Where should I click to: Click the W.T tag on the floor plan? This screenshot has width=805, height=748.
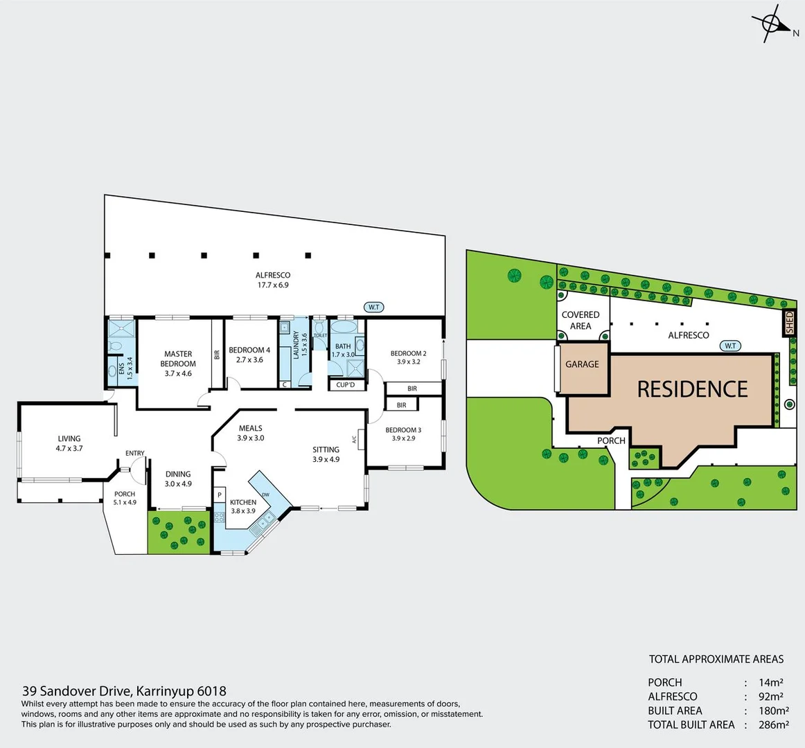[x=373, y=307]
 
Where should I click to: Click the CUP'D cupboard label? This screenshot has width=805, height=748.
[x=345, y=385]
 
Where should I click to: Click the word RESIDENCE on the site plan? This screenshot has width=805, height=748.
[x=692, y=389]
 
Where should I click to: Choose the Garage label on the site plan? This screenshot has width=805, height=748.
[x=582, y=364]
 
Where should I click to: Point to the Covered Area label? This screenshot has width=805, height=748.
[x=581, y=320]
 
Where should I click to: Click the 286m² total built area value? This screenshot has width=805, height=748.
[x=773, y=725]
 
